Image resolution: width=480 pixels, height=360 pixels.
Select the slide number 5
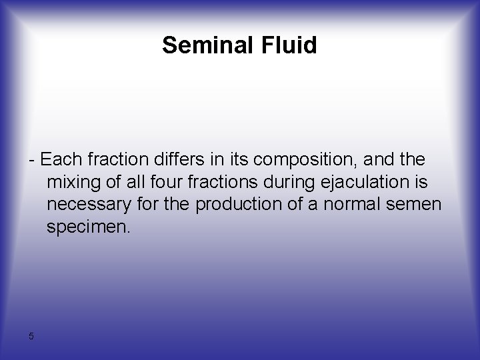click(31, 336)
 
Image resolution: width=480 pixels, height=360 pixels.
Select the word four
click(182, 182)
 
